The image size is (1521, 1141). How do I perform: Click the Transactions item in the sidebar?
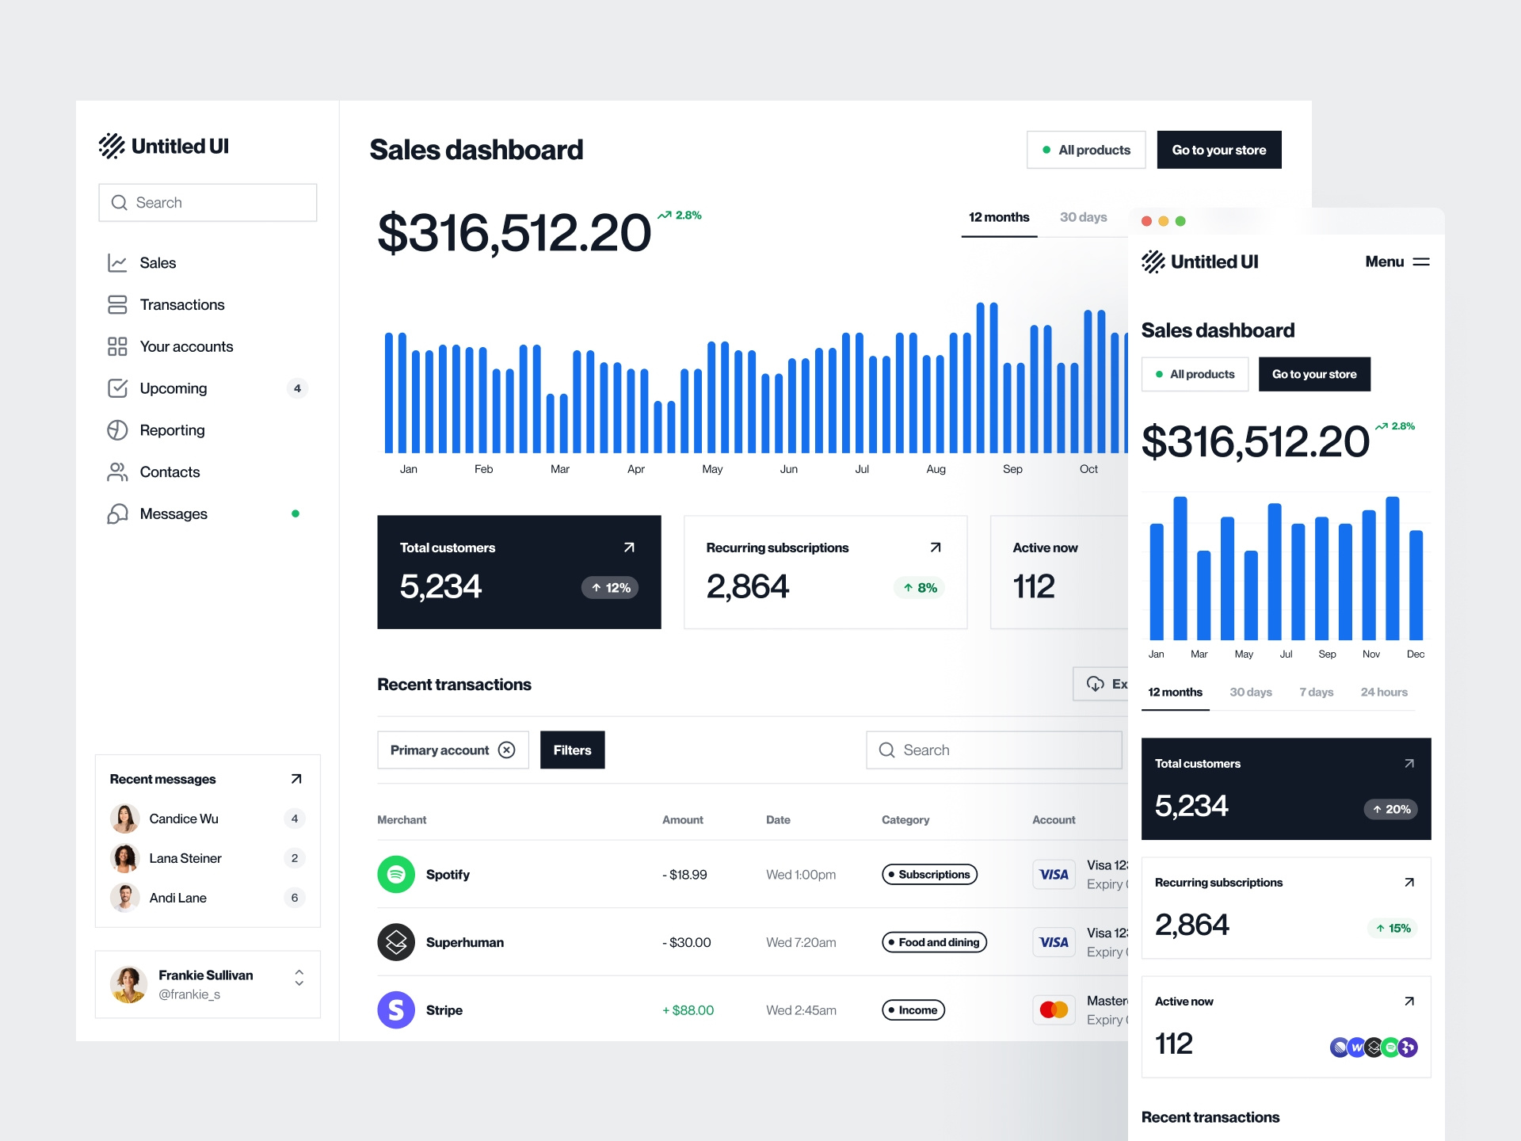pyautogui.click(x=181, y=305)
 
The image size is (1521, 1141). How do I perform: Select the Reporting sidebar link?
pyautogui.click(x=172, y=430)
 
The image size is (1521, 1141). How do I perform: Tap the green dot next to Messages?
pyautogui.click(x=295, y=513)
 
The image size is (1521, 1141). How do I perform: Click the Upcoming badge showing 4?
pyautogui.click(x=297, y=388)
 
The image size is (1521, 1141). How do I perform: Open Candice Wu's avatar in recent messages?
pyautogui.click(x=124, y=819)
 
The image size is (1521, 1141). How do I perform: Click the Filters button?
pyautogui.click(x=572, y=750)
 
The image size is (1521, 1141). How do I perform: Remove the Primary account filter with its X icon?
pyautogui.click(x=507, y=750)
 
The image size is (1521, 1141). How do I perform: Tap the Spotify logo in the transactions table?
pyautogui.click(x=396, y=874)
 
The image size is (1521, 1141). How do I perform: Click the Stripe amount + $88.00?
pyautogui.click(x=688, y=1010)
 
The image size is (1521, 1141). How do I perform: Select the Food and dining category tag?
pyautogui.click(x=934, y=942)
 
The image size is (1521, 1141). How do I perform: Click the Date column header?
pyautogui.click(x=778, y=820)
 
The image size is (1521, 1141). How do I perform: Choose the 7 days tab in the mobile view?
pyautogui.click(x=1316, y=692)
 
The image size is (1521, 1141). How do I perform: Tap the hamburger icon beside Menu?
pyautogui.click(x=1421, y=261)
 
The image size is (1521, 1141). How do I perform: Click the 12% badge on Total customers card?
pyautogui.click(x=610, y=588)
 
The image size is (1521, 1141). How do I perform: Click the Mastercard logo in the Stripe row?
pyautogui.click(x=1054, y=1010)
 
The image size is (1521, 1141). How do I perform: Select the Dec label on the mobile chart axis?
pyautogui.click(x=1415, y=654)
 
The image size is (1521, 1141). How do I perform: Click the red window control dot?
pyautogui.click(x=1146, y=221)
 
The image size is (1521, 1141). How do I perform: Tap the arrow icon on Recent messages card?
pyautogui.click(x=296, y=779)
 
